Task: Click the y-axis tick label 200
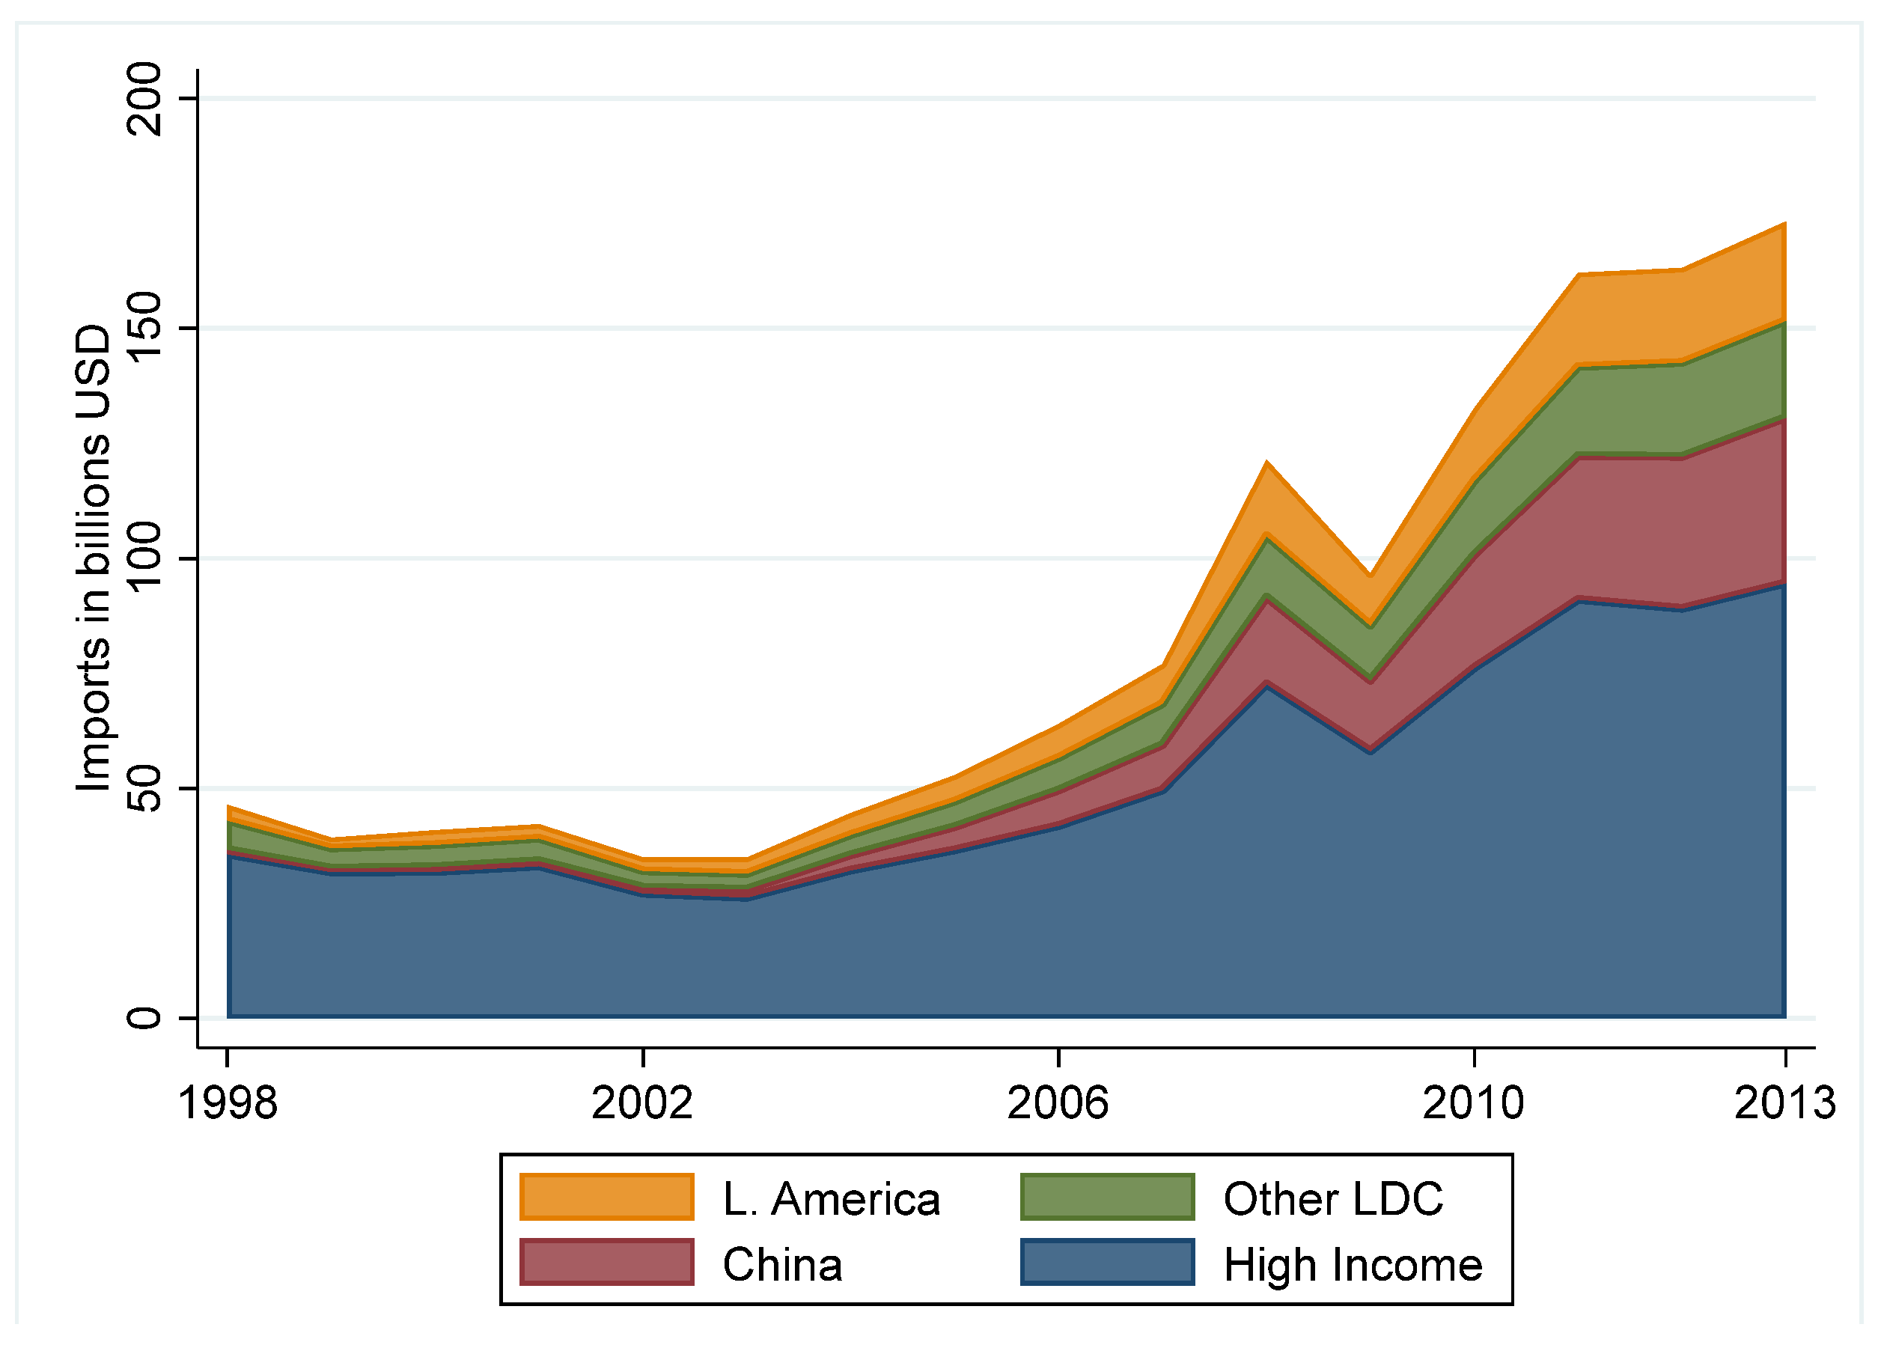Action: [x=144, y=99]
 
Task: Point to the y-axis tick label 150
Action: [x=144, y=328]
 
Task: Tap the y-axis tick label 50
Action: [x=144, y=787]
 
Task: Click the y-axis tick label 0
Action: [x=144, y=1017]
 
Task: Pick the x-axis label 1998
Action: [x=228, y=1103]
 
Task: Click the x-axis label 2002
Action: [x=642, y=1103]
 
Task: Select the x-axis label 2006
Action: [x=1058, y=1103]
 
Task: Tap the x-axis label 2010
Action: [x=1473, y=1103]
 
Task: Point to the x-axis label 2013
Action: [x=1785, y=1103]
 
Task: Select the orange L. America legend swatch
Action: [x=607, y=1197]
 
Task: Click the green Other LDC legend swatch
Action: [x=1107, y=1197]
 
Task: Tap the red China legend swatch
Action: [x=607, y=1262]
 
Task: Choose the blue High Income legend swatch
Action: [x=1107, y=1262]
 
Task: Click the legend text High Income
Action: [x=1353, y=1265]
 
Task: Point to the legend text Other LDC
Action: [x=1333, y=1198]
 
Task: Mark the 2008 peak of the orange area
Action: [x=1267, y=463]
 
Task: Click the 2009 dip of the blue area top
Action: [x=1371, y=751]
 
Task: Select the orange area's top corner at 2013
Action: [x=1784, y=225]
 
